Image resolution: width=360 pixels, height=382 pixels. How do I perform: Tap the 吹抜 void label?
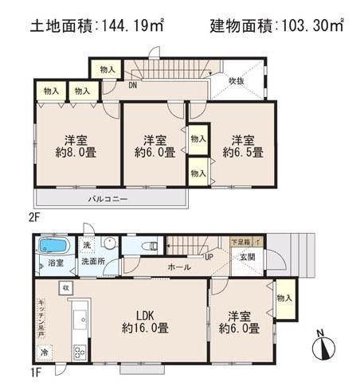click(x=235, y=80)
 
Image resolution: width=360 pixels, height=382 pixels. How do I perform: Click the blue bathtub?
click(x=53, y=245)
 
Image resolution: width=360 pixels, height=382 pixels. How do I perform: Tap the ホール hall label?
click(x=178, y=268)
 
